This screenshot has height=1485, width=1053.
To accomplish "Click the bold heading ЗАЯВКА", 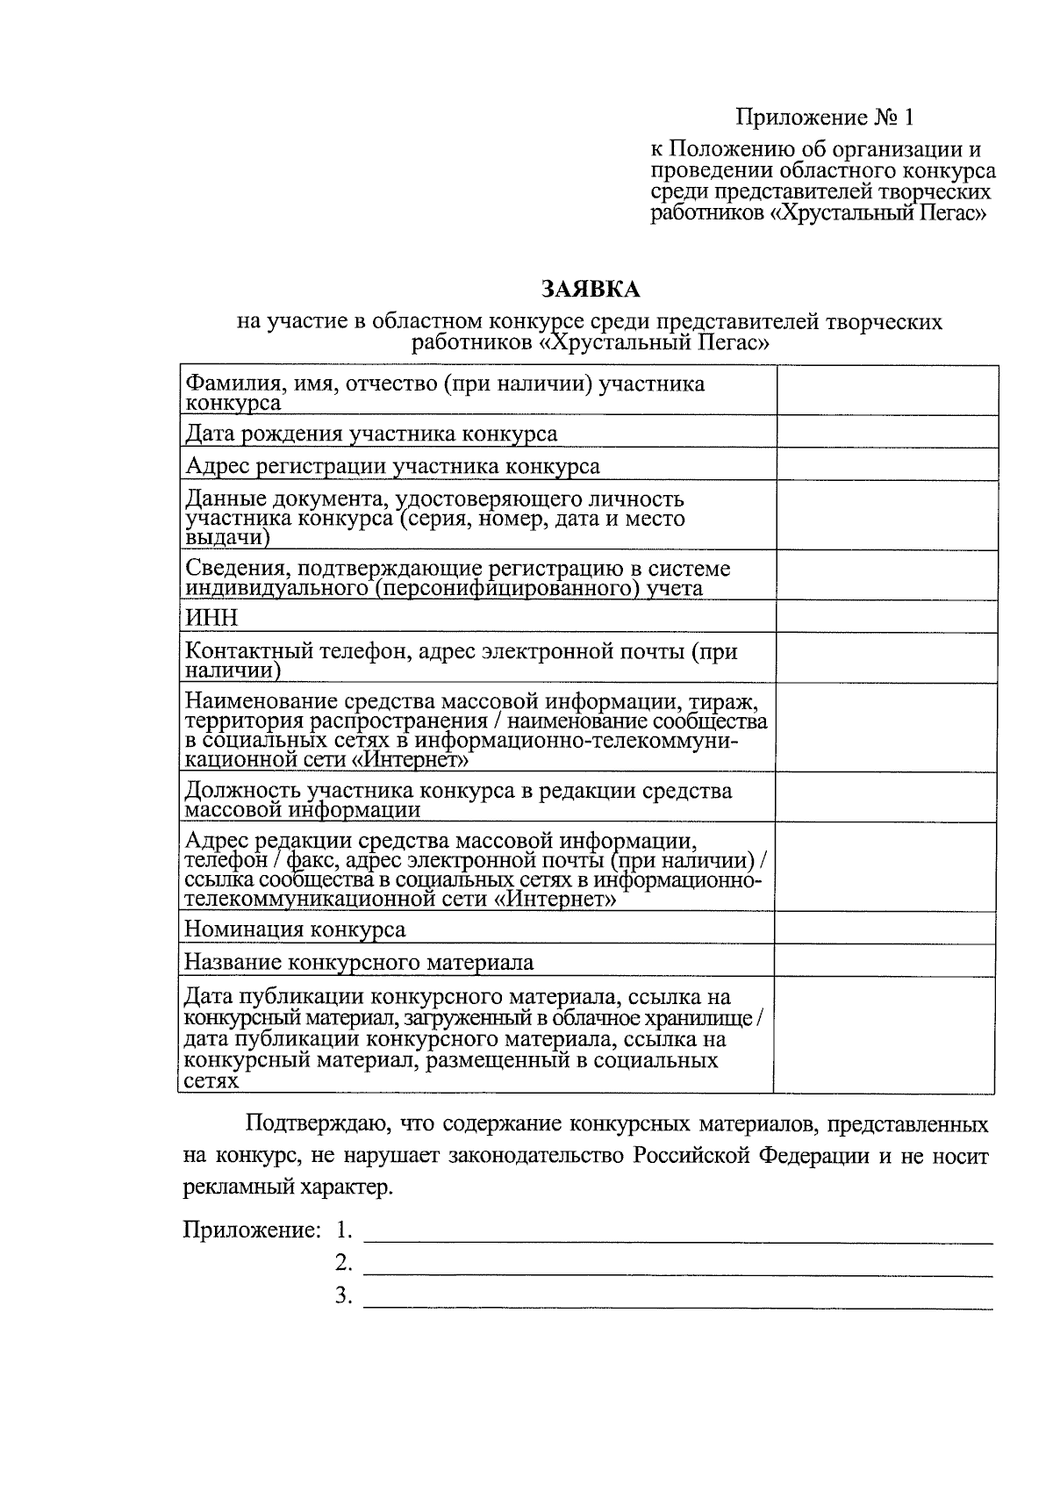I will (590, 290).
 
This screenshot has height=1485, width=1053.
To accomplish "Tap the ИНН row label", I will (211, 618).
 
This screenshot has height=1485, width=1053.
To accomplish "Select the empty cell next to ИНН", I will (886, 617).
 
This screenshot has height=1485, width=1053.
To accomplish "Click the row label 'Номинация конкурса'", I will (295, 929).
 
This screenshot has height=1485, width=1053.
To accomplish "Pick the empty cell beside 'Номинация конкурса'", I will (885, 928).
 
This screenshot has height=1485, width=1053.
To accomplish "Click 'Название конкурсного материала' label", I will (359, 962).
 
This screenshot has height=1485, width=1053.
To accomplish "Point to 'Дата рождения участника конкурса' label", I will (371, 434).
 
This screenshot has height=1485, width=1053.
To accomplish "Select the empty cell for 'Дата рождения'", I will (886, 432).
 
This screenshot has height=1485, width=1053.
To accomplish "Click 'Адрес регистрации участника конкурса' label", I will (392, 466).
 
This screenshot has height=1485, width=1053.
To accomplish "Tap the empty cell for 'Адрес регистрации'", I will (886, 464).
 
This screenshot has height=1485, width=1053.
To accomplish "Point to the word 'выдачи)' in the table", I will (228, 538).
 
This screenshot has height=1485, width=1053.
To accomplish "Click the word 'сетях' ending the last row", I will (211, 1081).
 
